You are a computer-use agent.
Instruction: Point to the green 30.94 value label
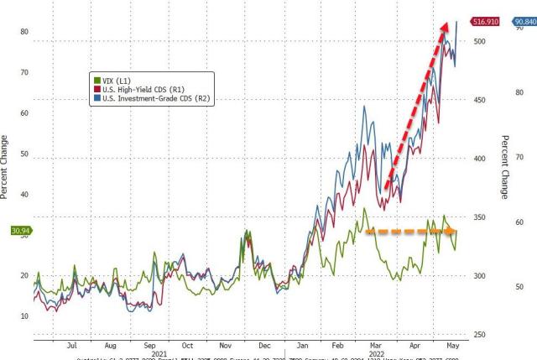(18, 229)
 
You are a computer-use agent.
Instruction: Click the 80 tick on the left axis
(24, 32)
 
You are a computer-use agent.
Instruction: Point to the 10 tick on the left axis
(24, 316)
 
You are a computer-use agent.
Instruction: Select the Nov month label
(225, 345)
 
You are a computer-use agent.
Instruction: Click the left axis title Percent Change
(5, 167)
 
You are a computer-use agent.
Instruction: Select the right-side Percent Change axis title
(505, 167)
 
